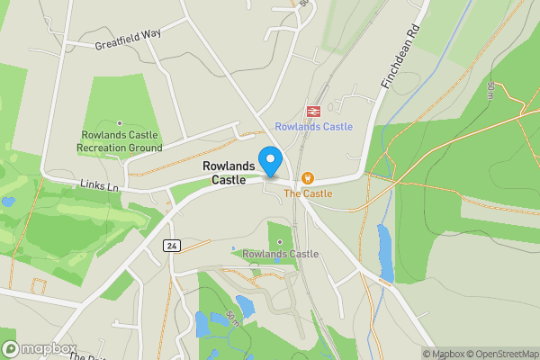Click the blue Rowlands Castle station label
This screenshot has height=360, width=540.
314,127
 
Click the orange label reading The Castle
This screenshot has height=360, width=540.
308,193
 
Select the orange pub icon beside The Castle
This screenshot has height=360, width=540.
308,178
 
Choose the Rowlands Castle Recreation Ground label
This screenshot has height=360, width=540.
119,141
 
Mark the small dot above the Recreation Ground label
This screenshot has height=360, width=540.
120,123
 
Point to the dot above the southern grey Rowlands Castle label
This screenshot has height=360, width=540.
280,241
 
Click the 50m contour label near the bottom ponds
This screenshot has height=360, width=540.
232,319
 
